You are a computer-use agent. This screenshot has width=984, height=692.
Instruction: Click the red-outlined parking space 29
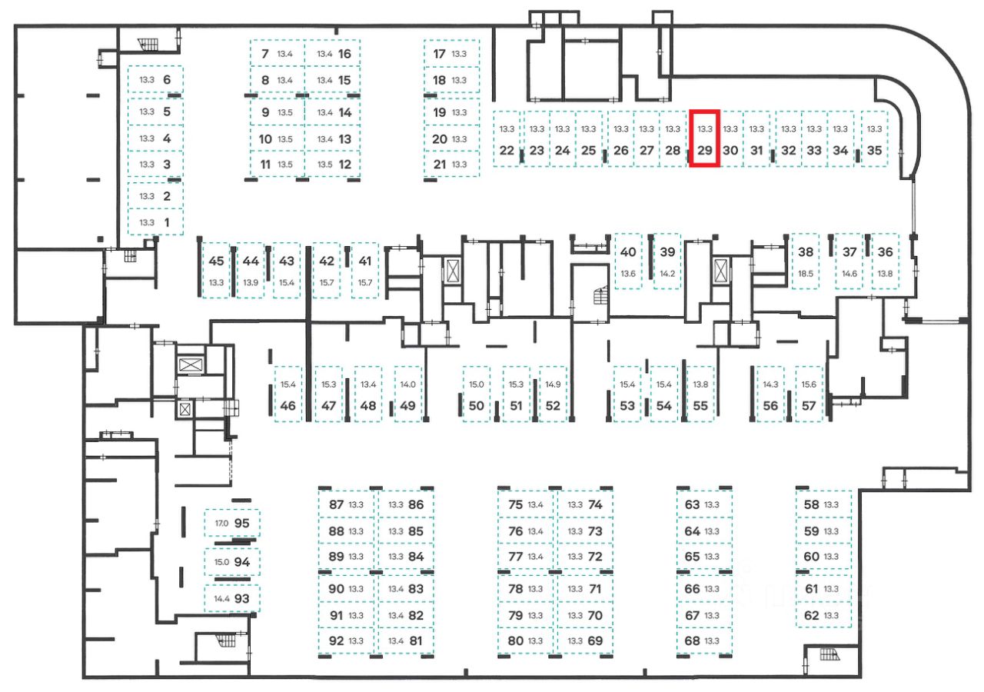click(705, 139)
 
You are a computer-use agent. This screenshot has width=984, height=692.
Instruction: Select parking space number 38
click(805, 262)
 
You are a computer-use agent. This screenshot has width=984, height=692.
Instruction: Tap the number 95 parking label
click(242, 524)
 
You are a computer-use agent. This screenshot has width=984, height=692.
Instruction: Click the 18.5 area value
click(805, 274)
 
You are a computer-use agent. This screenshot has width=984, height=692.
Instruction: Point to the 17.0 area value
click(221, 524)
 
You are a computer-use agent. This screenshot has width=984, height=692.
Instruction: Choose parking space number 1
click(156, 222)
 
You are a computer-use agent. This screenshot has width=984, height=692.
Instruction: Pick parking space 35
click(874, 139)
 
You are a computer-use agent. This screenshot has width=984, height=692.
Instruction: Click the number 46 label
click(288, 406)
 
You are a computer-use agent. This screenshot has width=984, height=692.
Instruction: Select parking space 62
click(823, 615)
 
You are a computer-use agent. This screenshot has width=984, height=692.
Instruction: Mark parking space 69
click(584, 640)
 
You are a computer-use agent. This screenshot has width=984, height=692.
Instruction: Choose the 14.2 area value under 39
click(667, 274)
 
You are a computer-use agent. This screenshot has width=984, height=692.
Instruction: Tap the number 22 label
click(506, 151)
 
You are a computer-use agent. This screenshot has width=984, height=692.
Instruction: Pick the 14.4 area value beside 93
click(222, 598)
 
